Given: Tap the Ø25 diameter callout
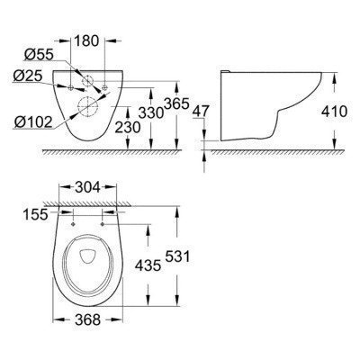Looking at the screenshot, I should pyautogui.click(x=30, y=76).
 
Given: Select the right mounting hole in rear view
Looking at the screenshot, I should pyautogui.click(x=106, y=88).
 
